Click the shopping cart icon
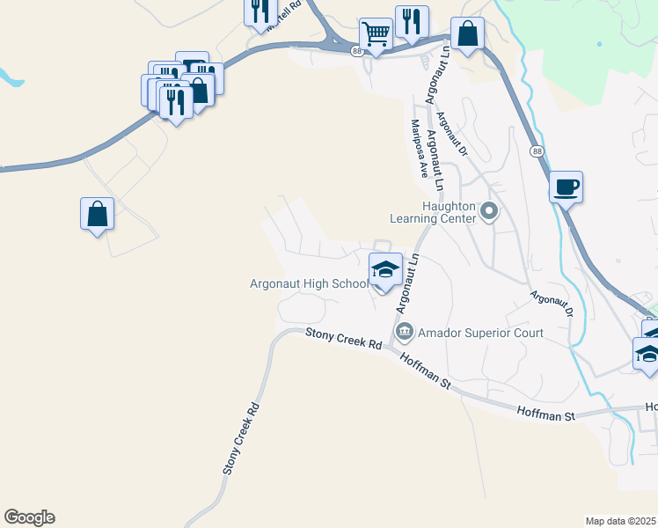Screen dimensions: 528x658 click(x=376, y=34)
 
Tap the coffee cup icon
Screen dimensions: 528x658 click(x=567, y=187)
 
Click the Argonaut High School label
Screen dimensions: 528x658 click(x=309, y=283)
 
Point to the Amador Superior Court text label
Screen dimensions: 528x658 click(x=480, y=333)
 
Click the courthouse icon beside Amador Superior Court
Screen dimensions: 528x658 click(x=405, y=333)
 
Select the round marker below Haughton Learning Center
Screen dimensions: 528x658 click(x=490, y=211)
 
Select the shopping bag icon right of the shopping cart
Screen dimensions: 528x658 click(x=468, y=34)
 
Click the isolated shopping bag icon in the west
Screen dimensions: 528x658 click(x=97, y=213)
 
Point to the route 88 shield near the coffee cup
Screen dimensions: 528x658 click(x=537, y=152)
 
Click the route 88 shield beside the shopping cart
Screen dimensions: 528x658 click(x=355, y=52)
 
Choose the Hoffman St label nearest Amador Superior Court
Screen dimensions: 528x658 click(x=425, y=371)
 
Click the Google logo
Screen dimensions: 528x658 click(x=29, y=517)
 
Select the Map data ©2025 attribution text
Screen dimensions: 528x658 click(x=620, y=521)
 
